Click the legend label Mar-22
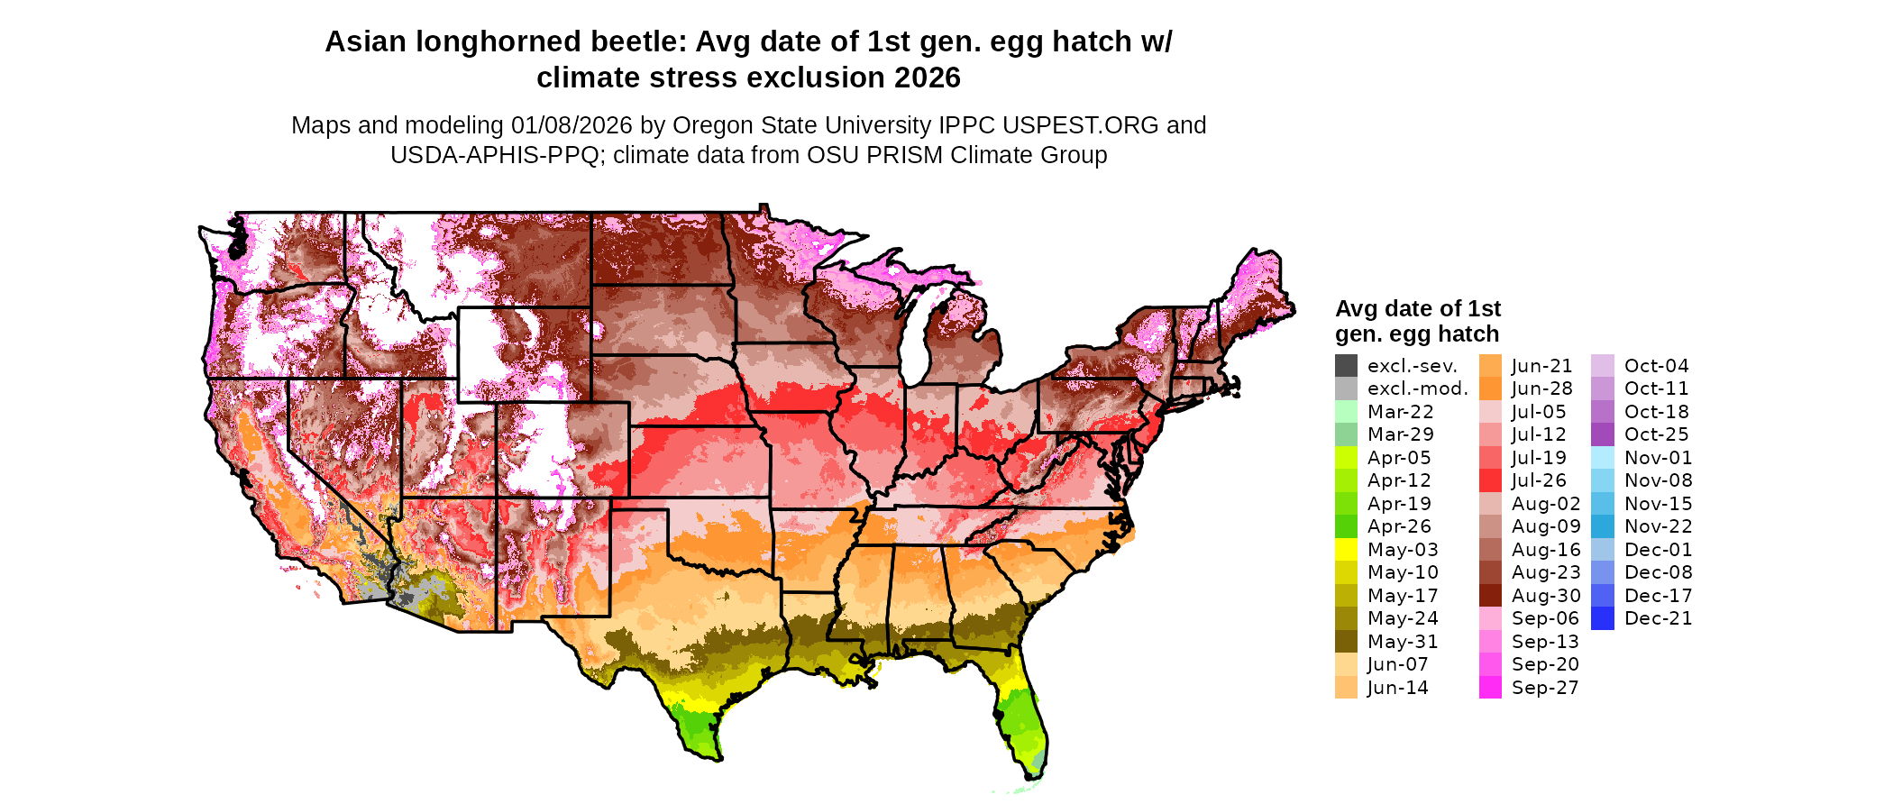click(x=1400, y=412)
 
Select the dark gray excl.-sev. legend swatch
click(x=1346, y=366)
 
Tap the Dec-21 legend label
click(x=1658, y=618)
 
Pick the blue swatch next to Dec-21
click(x=1602, y=618)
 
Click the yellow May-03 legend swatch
click(x=1346, y=550)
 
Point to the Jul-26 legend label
click(x=1539, y=480)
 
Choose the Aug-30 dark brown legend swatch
click(x=1490, y=596)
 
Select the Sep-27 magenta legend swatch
click(x=1490, y=688)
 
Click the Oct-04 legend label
click(x=1656, y=366)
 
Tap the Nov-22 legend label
click(x=1658, y=526)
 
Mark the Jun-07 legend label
click(x=1397, y=664)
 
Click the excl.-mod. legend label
click(x=1417, y=388)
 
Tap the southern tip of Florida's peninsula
click(x=1033, y=772)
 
